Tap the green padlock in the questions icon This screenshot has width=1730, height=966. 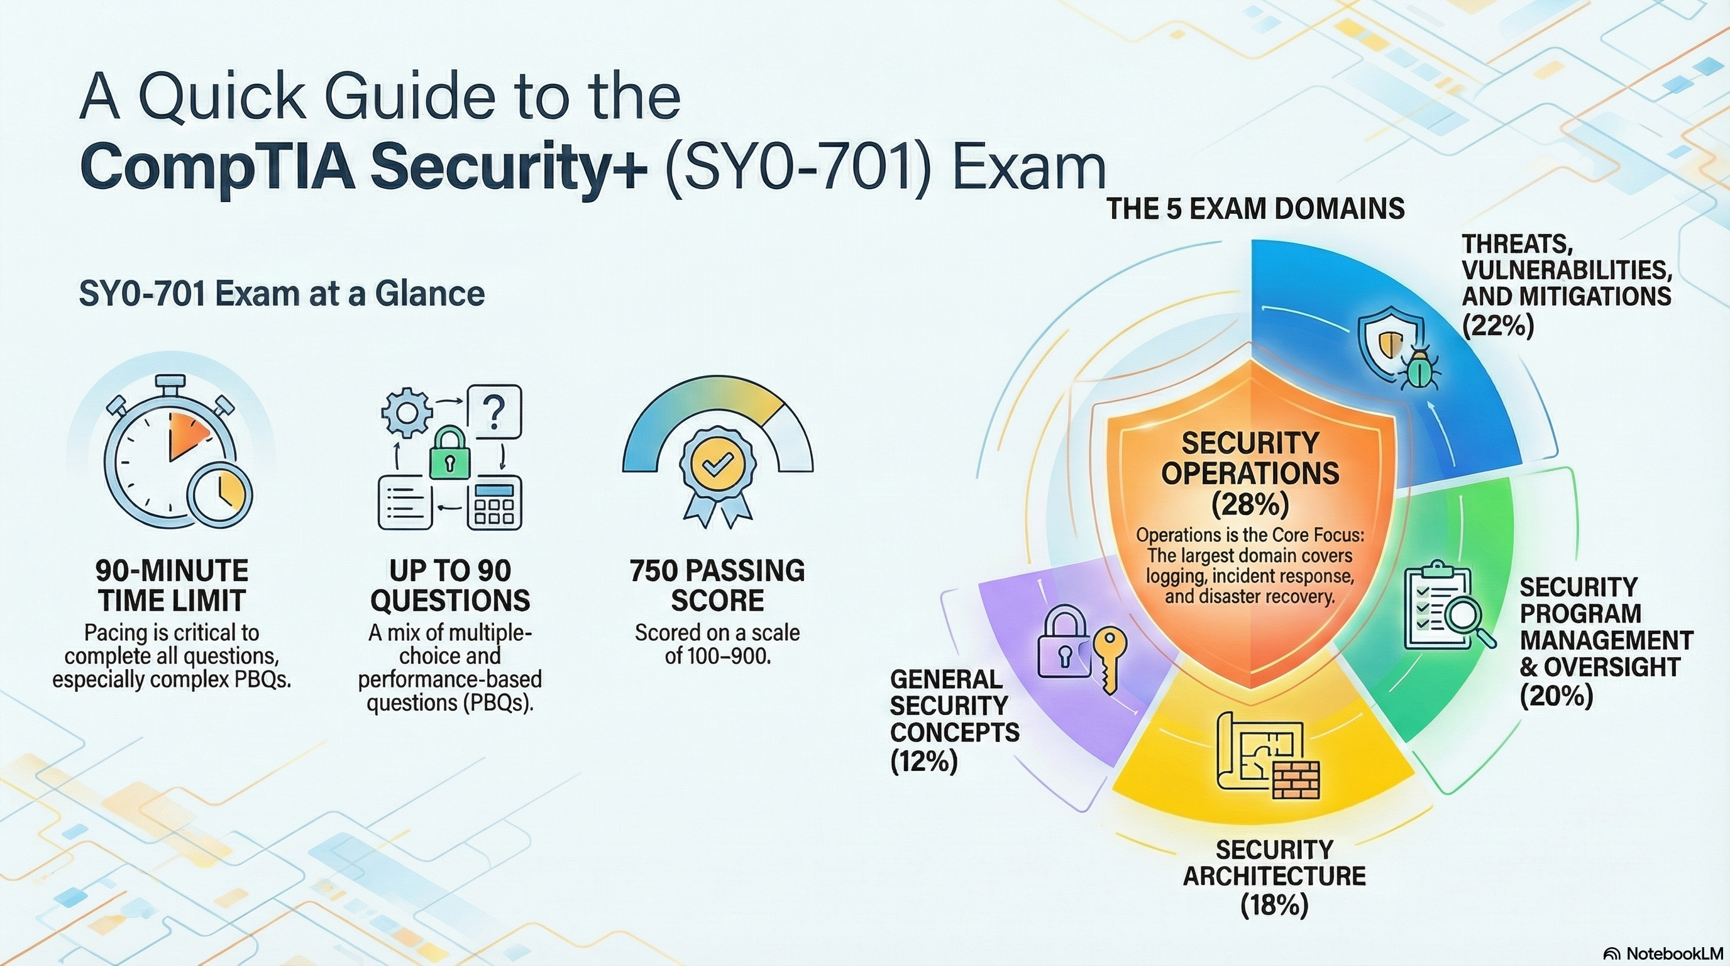449,453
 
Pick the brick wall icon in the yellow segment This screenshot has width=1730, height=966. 1296,780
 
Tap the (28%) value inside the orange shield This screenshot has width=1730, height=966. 1250,504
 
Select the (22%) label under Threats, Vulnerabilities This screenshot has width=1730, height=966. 1498,326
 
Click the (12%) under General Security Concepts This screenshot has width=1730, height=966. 923,762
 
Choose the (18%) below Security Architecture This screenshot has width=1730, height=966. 1274,905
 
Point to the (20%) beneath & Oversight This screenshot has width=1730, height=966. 1556,696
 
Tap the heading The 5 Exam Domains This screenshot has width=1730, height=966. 1255,208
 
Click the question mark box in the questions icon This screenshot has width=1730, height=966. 494,412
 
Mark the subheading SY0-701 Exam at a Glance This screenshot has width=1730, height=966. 282,294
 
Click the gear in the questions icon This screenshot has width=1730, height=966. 406,412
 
